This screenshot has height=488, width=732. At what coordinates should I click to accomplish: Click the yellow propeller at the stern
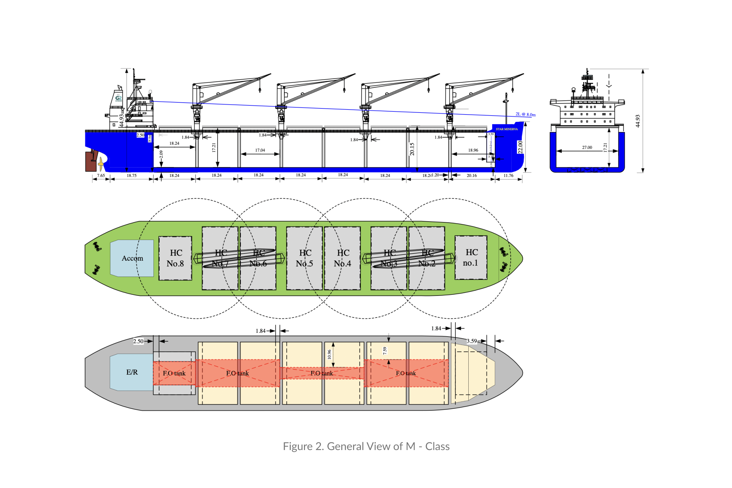click(101, 164)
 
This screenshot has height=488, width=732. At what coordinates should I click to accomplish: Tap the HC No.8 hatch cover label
click(176, 258)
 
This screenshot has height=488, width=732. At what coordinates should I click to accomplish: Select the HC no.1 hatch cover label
click(471, 258)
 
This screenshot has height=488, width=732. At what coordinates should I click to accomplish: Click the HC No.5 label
click(305, 258)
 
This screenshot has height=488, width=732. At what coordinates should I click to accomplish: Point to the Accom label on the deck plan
click(132, 258)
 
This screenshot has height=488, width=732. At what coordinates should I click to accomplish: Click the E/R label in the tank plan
click(132, 372)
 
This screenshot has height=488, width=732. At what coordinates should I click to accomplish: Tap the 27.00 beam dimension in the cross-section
click(587, 147)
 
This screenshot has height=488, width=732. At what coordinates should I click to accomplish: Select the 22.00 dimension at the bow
click(520, 147)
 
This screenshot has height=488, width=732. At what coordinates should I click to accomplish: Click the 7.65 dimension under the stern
click(101, 176)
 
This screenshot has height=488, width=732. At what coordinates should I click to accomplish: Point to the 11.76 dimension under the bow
click(508, 176)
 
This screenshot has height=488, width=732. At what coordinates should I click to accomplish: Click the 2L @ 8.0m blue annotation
click(525, 115)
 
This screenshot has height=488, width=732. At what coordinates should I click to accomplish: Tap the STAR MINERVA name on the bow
click(507, 129)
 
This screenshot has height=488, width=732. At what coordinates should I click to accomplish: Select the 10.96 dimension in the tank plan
click(329, 354)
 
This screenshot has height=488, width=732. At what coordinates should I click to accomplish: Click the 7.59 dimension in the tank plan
click(385, 351)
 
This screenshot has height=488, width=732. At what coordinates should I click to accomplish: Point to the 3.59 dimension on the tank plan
click(472, 341)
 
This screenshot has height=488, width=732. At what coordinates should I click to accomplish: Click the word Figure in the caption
click(298, 446)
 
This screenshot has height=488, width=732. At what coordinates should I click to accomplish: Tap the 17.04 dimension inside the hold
click(260, 150)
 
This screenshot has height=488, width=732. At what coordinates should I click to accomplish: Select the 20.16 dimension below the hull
click(471, 176)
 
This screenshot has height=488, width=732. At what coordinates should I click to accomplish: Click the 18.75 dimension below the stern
click(131, 176)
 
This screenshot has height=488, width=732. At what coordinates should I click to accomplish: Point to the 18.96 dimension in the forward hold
click(473, 150)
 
